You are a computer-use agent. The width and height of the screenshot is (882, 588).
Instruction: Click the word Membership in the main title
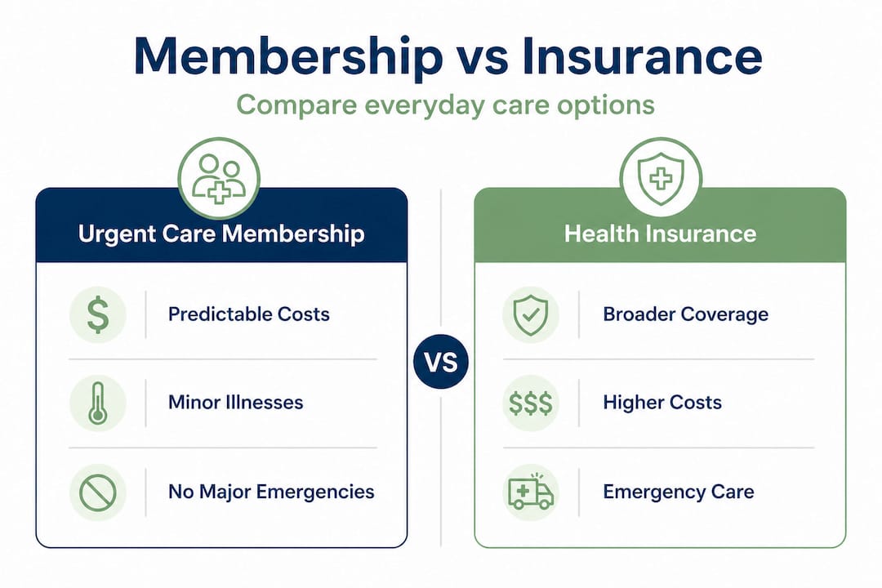coord(286,57)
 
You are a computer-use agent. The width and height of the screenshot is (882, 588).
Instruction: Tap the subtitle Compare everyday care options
coord(445,105)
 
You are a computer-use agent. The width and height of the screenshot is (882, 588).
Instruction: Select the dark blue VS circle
coord(441,362)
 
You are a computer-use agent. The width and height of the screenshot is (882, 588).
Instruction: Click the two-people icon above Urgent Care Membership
coord(219,177)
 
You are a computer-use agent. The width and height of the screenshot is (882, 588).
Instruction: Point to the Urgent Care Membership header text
coord(220,234)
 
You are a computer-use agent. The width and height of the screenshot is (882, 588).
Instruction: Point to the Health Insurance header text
coord(661,234)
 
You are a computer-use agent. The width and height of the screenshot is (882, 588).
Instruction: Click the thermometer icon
coord(98,403)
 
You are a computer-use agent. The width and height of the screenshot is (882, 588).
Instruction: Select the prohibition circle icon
coord(98,492)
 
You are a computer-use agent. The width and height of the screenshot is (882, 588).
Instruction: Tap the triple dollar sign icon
coord(531,403)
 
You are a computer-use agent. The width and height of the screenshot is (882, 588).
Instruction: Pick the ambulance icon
coord(531,492)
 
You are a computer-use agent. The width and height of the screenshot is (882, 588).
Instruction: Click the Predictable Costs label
coord(249,314)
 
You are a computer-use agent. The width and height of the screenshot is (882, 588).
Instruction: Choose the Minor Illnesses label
coord(235,403)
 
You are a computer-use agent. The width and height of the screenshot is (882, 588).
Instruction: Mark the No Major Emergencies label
coord(271,492)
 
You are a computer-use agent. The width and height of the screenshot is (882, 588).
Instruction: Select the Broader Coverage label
coord(685,314)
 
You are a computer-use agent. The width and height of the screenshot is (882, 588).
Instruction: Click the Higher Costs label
coord(662,403)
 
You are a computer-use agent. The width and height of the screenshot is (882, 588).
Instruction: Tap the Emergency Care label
coord(678,492)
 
